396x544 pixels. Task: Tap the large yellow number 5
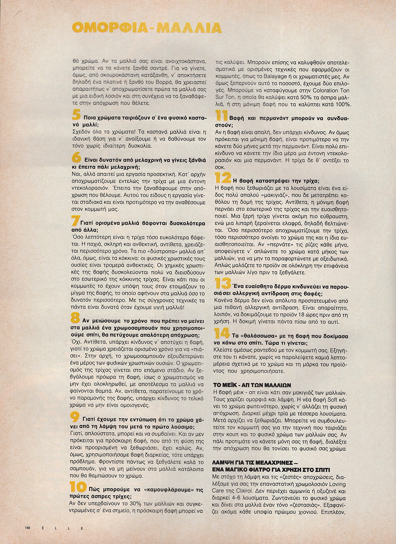pos(76,115)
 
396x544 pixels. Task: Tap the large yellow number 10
pos(78,487)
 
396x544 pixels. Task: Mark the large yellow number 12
pos(223,177)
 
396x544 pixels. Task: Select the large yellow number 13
pos(223,283)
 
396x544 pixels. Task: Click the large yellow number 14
pos(222,333)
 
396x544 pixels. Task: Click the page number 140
pos(28,527)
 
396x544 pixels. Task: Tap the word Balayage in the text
pos(277,76)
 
